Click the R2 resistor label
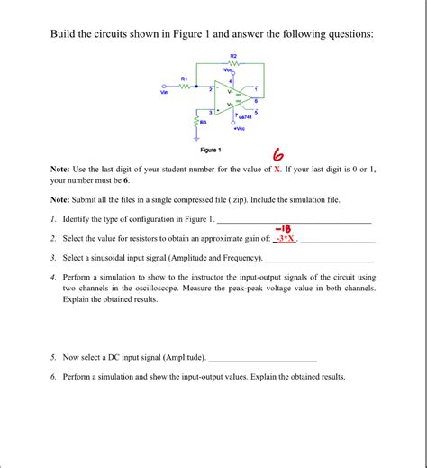coord(233,56)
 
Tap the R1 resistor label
coord(185,78)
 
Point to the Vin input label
coord(164,92)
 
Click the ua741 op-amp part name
coord(244,117)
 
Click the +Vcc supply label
coord(241,127)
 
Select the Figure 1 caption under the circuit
coord(215,150)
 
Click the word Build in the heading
coord(66,33)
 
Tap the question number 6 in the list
coord(54,377)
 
